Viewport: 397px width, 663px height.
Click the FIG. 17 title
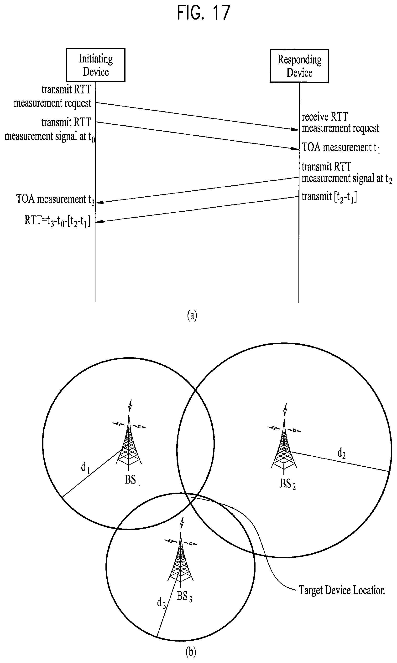[x=204, y=13]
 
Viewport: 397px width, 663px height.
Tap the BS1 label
[x=132, y=480]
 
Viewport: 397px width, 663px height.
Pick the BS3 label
[x=184, y=596]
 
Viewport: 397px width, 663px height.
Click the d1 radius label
[x=85, y=467]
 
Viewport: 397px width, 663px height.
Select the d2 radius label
[x=341, y=453]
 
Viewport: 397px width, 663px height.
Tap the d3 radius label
[x=161, y=603]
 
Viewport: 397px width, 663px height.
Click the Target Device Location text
[x=342, y=590]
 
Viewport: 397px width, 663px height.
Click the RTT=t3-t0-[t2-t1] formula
[x=57, y=221]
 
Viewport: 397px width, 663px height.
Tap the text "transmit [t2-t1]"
[x=329, y=197]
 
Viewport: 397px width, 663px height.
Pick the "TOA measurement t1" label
[x=341, y=148]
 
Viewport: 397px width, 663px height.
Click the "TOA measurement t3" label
[x=55, y=200]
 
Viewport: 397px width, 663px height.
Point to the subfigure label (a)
[x=192, y=315]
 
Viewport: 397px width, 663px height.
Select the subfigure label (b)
[x=191, y=652]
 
